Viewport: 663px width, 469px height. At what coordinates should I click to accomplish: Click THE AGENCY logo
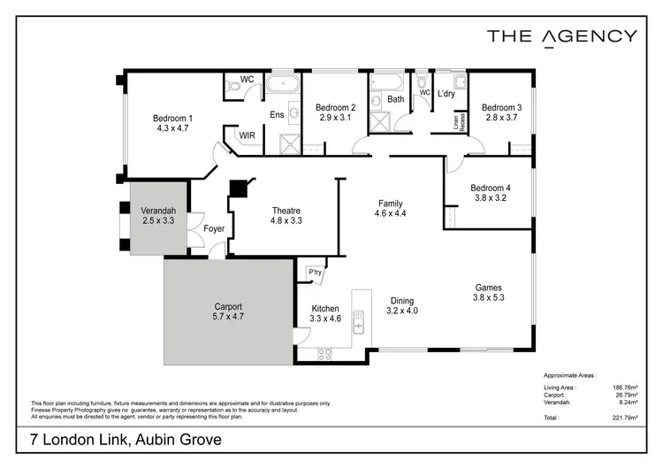pyautogui.click(x=561, y=36)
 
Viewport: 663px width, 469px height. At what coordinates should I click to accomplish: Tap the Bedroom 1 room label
pyautogui.click(x=172, y=119)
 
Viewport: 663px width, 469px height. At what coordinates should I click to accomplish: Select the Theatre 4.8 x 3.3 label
pyautogui.click(x=286, y=211)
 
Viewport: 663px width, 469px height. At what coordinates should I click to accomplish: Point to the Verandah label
pyautogui.click(x=159, y=210)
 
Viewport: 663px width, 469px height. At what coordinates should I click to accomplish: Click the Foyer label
pyautogui.click(x=214, y=229)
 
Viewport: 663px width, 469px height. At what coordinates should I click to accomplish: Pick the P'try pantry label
pyautogui.click(x=314, y=271)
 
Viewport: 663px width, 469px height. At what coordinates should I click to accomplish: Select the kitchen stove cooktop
pyautogui.click(x=324, y=354)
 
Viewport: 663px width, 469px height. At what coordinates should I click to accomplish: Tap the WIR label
pyautogui.click(x=248, y=135)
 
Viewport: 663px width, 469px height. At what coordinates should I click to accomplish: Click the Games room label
pyautogui.click(x=489, y=288)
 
